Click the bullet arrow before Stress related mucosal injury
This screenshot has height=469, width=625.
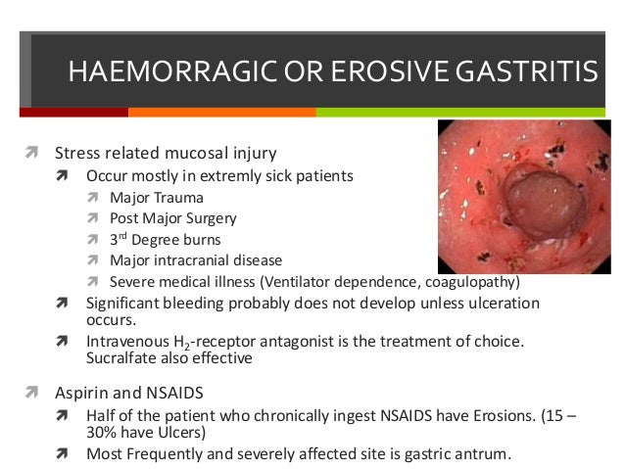tap(31, 153)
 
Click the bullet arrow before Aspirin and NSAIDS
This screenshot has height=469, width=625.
tap(31, 394)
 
